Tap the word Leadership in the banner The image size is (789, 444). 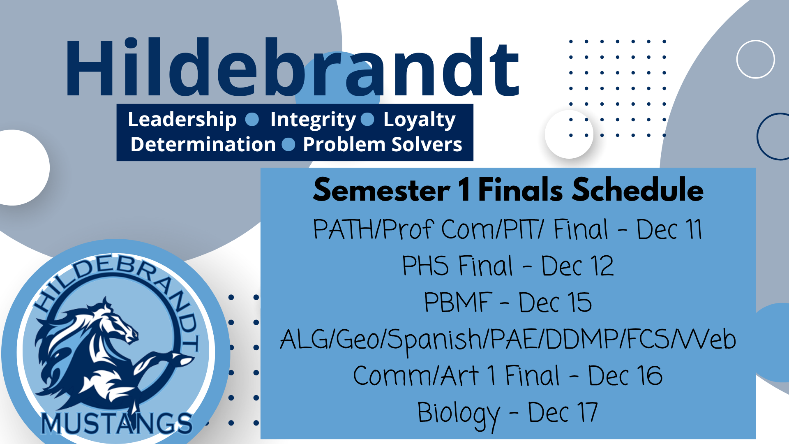(x=182, y=120)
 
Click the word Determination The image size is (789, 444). (x=203, y=144)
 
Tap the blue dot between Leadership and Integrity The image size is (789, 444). (x=252, y=120)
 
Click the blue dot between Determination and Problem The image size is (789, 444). (x=289, y=144)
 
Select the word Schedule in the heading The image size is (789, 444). (x=638, y=190)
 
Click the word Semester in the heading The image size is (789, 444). (x=381, y=190)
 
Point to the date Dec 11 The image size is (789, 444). (x=669, y=229)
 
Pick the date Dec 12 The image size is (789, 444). (x=577, y=266)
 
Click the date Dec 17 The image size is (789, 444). (x=563, y=412)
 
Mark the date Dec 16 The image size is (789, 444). (x=625, y=375)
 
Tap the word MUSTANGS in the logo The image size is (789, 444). (x=117, y=423)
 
